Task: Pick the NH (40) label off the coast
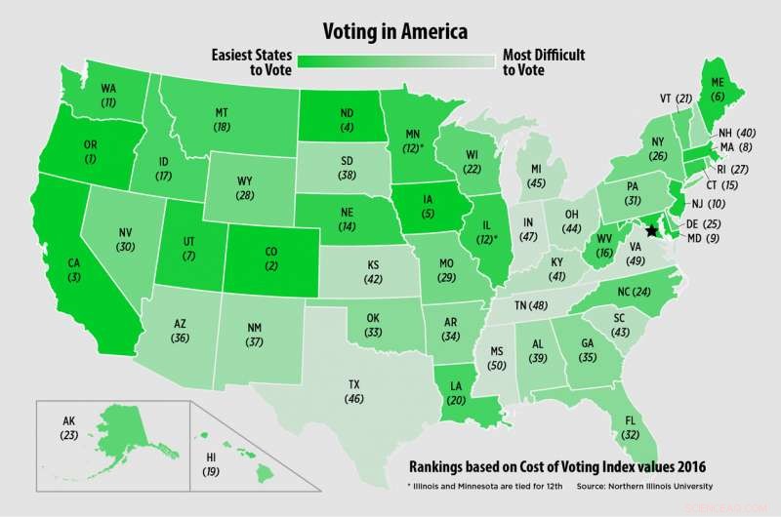pyautogui.click(x=751, y=133)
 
